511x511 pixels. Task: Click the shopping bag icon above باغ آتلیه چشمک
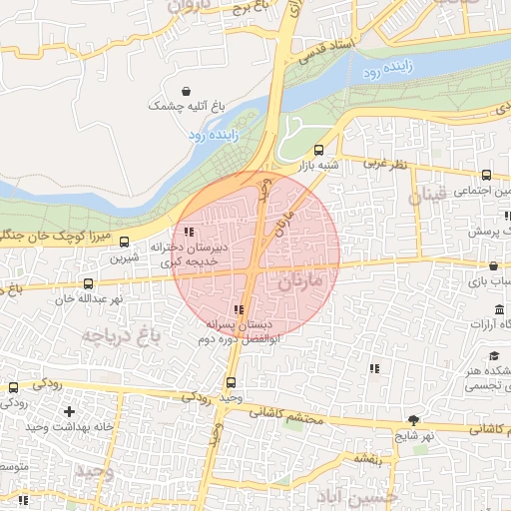(186, 91)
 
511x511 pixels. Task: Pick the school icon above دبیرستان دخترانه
(189, 232)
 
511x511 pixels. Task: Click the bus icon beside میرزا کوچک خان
(125, 241)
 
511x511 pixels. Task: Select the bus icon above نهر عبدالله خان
(89, 283)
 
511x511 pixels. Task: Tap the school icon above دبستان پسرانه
(238, 310)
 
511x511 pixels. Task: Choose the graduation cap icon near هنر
(494, 356)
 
